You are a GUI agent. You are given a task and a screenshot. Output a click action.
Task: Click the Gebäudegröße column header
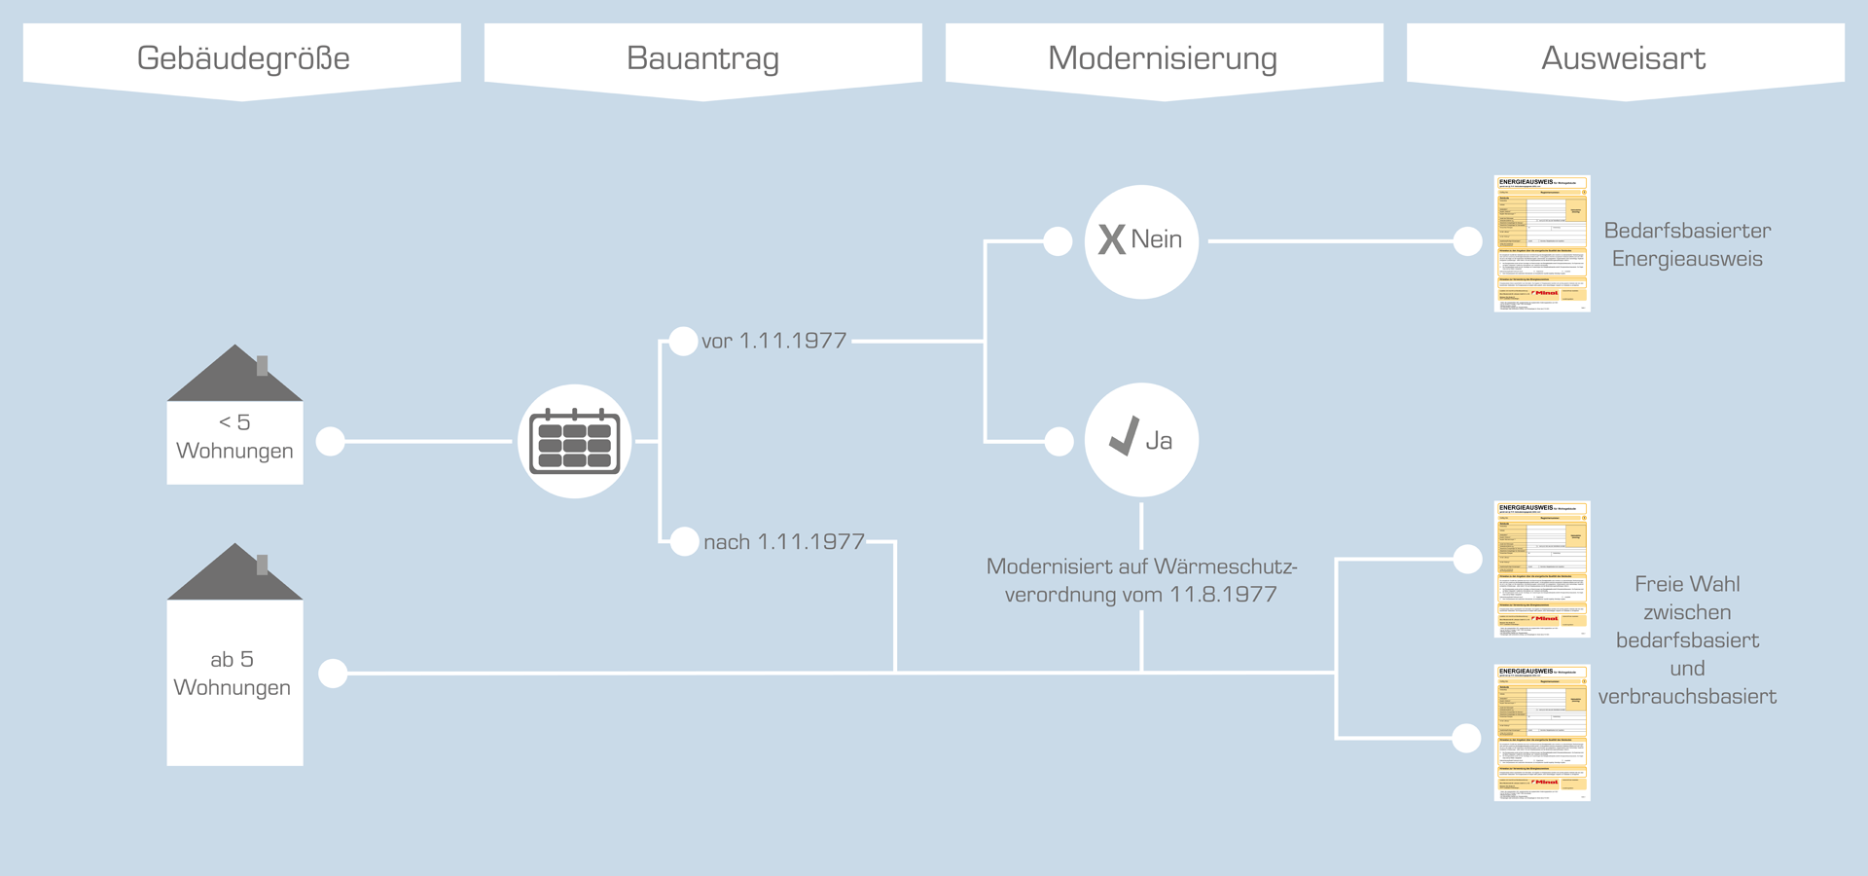point(243,58)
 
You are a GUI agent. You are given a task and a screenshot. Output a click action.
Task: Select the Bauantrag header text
point(702,58)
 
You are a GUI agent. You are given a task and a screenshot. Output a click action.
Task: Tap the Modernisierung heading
point(1163,58)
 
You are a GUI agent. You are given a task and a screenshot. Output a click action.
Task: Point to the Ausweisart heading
point(1623,58)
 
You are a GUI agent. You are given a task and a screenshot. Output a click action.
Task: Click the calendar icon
point(575,442)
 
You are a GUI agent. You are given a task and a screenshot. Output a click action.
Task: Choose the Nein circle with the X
point(1141,241)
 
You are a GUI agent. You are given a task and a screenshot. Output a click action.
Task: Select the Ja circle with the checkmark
point(1141,440)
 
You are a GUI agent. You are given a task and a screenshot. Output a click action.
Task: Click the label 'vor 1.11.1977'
point(774,341)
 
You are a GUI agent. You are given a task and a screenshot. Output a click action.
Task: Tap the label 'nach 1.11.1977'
point(784,542)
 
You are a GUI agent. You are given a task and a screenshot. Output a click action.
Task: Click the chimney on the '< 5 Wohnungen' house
point(262,366)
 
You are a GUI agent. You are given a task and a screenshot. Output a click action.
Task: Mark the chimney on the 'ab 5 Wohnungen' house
point(262,565)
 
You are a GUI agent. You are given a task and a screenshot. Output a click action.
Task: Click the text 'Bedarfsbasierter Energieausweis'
point(1687,244)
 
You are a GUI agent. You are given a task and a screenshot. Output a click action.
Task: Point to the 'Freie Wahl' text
point(1687,584)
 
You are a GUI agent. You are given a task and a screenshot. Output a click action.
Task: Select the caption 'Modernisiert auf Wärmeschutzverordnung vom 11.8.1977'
point(1141,580)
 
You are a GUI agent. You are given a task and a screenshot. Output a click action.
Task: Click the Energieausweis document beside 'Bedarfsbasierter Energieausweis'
point(1542,243)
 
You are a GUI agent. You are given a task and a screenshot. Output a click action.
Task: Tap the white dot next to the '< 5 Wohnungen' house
point(331,442)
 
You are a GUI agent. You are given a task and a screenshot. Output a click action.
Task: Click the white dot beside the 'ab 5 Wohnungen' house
point(333,674)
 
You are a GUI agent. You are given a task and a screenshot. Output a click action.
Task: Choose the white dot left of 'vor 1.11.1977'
point(684,341)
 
